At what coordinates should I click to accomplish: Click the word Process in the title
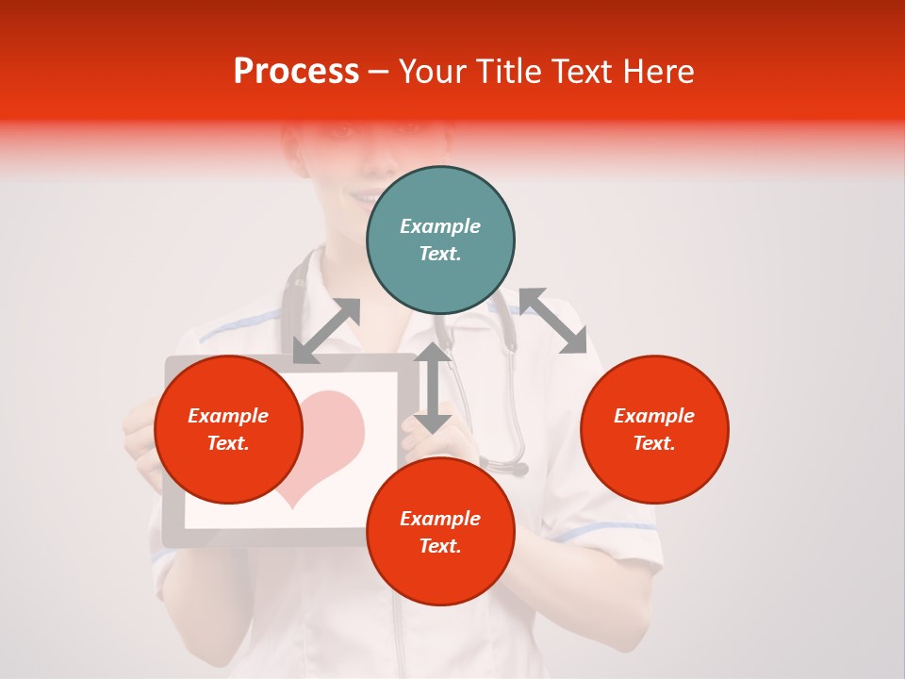pos(296,72)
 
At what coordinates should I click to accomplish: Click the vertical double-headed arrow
pos(433,389)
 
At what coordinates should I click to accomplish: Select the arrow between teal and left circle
pos(326,331)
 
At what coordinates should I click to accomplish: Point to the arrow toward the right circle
pos(552,321)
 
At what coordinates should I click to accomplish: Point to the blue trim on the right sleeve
pos(603,534)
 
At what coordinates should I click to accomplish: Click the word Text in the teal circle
pos(440,254)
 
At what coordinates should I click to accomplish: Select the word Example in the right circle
pos(654,416)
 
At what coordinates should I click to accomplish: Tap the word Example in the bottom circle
pos(440,519)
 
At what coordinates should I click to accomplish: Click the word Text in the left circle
pos(228,443)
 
